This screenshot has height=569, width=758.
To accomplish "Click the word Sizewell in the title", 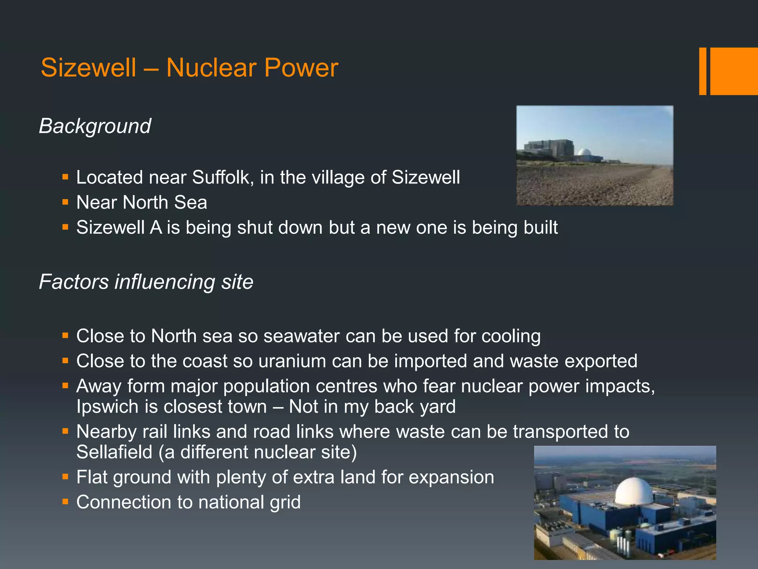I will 88,68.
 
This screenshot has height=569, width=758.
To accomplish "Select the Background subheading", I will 95,126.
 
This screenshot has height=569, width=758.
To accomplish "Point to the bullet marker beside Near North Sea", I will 66,202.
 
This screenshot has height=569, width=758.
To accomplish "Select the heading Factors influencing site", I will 146,282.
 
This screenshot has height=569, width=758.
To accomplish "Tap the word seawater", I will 301,336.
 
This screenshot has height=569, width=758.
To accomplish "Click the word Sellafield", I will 114,452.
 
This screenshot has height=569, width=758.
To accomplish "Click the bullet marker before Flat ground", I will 66,477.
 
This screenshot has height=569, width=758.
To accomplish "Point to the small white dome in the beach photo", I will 584,152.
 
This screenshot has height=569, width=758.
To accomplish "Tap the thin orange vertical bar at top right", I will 702,71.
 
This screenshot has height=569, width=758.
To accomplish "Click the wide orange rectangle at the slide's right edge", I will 734,71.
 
